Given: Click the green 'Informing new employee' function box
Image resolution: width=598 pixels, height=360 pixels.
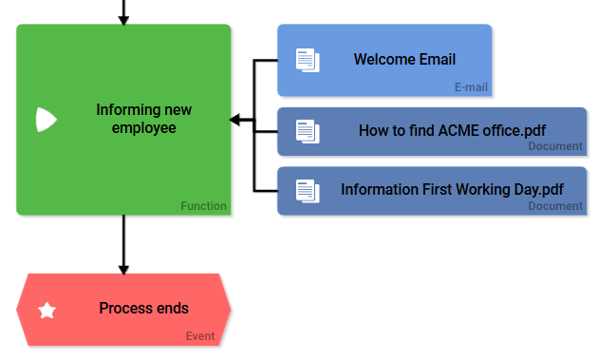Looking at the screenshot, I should point(123,120).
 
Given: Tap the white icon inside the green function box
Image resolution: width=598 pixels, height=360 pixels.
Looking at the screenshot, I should point(46,120).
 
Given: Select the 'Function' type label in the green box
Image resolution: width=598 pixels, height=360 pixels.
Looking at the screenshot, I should point(203,206).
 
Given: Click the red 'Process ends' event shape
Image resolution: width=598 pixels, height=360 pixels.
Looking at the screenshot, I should point(123,309).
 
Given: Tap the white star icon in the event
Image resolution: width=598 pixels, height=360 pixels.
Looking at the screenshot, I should point(47,310).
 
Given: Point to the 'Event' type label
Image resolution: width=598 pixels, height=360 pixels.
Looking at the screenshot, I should point(199,336).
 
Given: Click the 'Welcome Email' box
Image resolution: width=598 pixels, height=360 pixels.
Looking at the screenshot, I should point(384,60).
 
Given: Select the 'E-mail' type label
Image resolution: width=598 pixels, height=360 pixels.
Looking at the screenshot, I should point(471,87).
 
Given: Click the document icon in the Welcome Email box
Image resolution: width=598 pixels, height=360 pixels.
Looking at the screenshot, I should point(307,60).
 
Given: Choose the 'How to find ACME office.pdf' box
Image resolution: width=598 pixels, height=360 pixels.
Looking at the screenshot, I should point(432,131).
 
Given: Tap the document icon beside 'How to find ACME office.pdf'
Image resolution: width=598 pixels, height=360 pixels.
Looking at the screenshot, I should point(307,131).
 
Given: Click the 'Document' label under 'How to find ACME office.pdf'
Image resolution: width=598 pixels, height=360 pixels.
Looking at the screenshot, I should point(555,146).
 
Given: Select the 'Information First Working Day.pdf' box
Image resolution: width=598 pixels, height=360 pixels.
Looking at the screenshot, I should point(432,190).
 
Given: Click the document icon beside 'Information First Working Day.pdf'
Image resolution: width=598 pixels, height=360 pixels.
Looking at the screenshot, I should point(307,190).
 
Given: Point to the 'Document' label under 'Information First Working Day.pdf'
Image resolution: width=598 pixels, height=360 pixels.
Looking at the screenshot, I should point(555,206).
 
